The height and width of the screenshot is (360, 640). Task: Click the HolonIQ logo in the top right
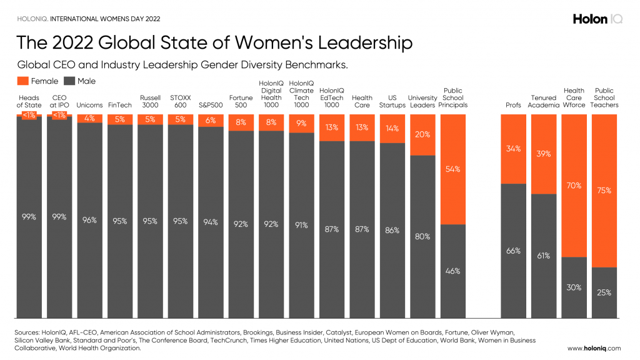pos(597,19)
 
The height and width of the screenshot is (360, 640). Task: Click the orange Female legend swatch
pos(22,81)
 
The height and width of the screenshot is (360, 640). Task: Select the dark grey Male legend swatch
pos(69,81)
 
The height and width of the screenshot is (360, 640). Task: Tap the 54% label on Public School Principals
pos(453,169)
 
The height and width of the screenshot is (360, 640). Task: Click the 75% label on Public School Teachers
pos(604,191)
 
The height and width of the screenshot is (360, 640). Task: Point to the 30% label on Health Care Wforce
pos(574,287)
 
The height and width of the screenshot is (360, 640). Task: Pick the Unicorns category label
pos(89,105)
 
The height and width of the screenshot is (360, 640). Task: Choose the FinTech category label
pos(120,105)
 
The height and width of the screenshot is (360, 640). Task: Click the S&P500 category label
pos(211,105)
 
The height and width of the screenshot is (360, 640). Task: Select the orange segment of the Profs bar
pos(512,149)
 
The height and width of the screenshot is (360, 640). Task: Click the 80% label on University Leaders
pos(422,236)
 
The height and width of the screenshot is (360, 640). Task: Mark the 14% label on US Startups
pos(392,128)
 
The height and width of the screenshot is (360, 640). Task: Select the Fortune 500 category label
pos(241,101)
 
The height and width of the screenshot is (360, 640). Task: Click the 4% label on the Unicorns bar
pos(89,118)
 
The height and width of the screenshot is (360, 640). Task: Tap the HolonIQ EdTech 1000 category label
pos(332,97)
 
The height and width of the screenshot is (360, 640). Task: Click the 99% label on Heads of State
pos(29,216)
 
